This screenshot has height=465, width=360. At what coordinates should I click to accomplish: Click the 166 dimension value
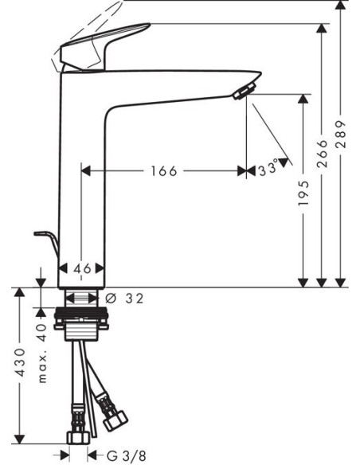[162, 170]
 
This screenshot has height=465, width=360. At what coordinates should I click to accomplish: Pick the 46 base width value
[82, 269]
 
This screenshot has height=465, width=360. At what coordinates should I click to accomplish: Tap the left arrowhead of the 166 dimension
[88, 170]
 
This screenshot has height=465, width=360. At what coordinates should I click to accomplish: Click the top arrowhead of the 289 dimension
[341, 6]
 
